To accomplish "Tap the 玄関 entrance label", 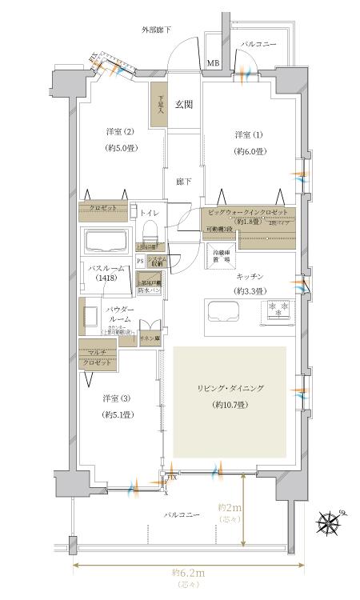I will coord(185,104).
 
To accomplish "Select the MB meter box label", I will coord(214,63).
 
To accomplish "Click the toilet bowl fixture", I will coord(148,231).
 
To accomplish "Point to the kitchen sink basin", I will coord(224,310).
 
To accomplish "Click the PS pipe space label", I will coord(140,261).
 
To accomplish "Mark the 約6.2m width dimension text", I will coord(188,574).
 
